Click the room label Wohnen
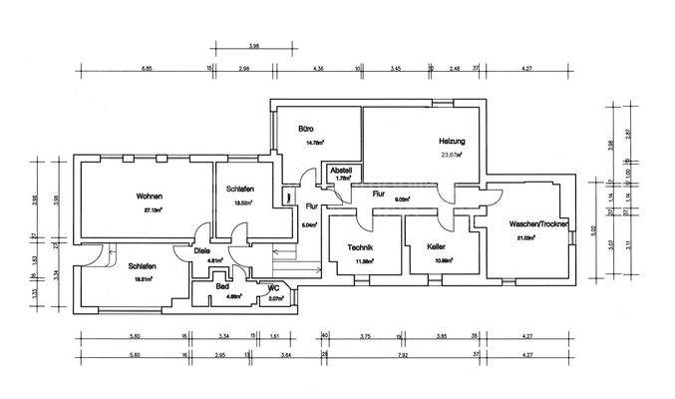tap(150, 197)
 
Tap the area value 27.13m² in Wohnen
tap(153, 210)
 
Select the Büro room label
tap(308, 130)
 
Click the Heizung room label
tap(453, 141)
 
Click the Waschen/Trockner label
tap(538, 224)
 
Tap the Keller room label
tap(435, 246)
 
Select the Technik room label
tap(360, 246)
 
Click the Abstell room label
tap(341, 170)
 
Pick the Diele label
tap(202, 251)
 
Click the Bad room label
tap(222, 285)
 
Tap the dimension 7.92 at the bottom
tap(401, 353)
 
